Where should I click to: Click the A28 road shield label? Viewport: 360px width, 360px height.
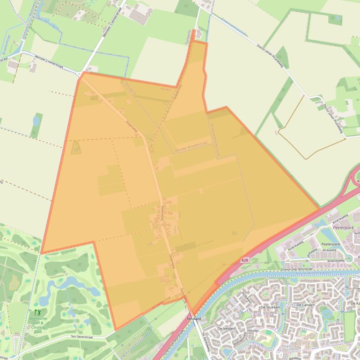244,260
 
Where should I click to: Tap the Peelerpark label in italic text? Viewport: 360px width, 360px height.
342,228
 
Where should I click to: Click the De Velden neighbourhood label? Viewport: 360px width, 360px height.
226,329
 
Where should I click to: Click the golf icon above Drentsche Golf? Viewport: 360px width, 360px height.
37,312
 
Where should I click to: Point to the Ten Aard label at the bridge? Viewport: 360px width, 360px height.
194,318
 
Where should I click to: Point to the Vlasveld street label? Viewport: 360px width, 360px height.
253,331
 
